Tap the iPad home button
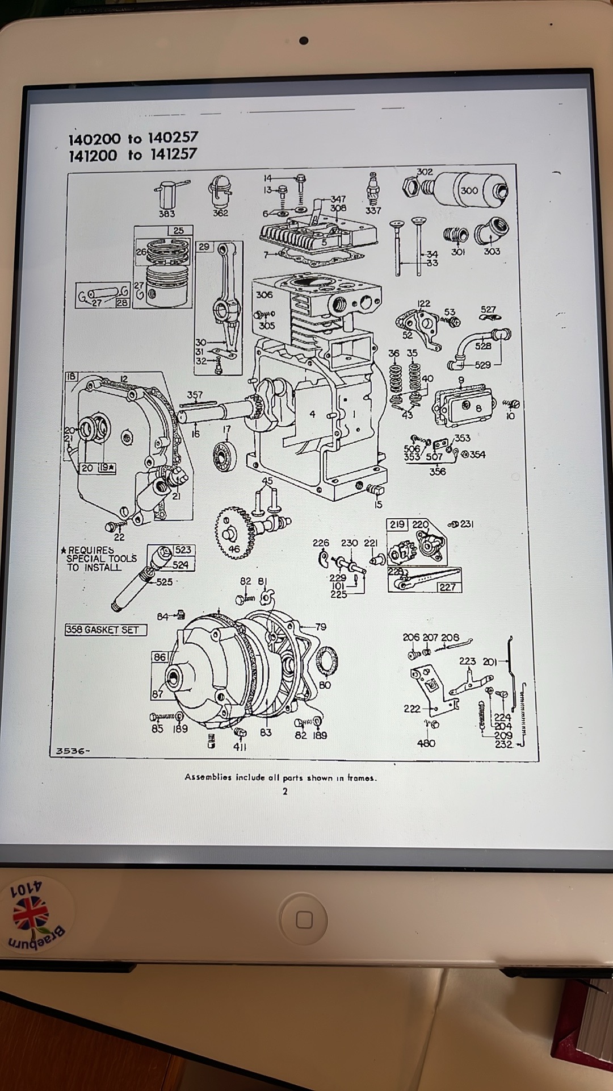[304, 919]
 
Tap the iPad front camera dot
[305, 41]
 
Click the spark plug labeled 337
[373, 189]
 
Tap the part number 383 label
[166, 214]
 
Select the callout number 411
[240, 747]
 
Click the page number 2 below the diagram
[285, 792]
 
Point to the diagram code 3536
[72, 751]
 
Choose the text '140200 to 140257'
[133, 138]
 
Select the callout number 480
[426, 743]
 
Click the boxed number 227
[447, 587]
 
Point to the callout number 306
[264, 294]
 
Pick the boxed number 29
[204, 247]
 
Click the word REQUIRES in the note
[91, 550]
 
